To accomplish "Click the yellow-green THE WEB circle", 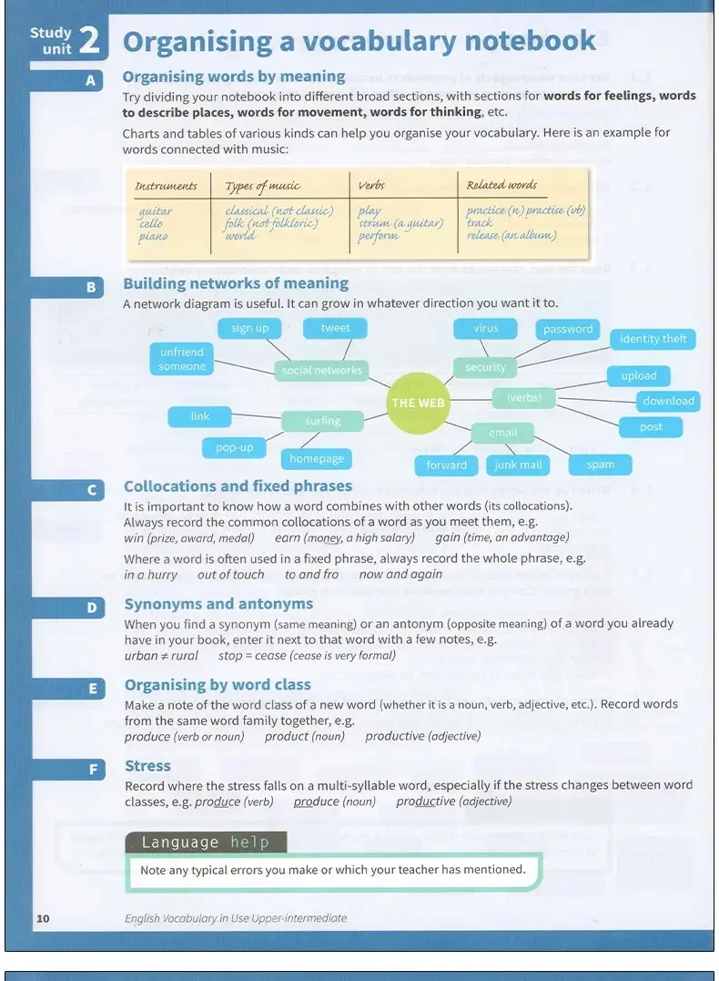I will coord(418,403).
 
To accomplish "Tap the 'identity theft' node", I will coord(653,339).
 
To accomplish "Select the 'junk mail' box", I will coord(518,465).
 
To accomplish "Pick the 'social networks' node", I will coord(321,370).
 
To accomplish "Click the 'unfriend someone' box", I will coord(182,359).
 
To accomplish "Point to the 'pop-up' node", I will coord(234,447).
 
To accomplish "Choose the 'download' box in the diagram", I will coord(668,401).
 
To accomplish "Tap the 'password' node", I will coord(568,329).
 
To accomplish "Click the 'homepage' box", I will coord(317,459).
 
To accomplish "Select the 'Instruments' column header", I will coord(166,186).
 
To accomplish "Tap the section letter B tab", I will coord(91,287).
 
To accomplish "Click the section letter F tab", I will coord(93,770).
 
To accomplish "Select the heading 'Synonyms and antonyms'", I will coord(218,604).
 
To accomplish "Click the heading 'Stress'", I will coord(147,766).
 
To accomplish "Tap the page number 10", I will coord(43,918).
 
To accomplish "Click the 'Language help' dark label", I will coord(205,843).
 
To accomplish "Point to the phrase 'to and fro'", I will coord(311,575).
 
